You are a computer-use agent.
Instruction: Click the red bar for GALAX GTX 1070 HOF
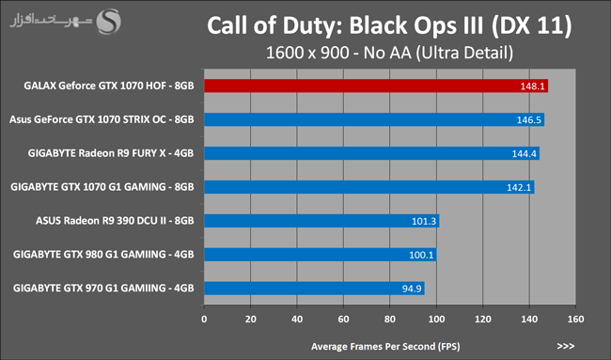(x=376, y=86)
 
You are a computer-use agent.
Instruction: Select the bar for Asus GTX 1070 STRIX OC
(x=374, y=119)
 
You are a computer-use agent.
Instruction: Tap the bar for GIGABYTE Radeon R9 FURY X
(x=371, y=153)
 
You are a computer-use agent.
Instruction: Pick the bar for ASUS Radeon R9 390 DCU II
(x=321, y=221)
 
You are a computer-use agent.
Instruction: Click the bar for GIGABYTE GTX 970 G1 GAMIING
(x=315, y=289)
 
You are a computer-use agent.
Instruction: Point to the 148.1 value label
(x=532, y=86)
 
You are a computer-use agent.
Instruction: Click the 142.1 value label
(x=519, y=187)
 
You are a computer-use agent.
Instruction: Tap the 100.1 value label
(x=421, y=255)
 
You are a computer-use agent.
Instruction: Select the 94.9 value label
(x=412, y=289)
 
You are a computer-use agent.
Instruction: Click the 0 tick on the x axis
(x=204, y=319)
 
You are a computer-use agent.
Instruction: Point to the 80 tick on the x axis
(x=390, y=319)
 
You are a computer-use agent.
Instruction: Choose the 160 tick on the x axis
(x=575, y=319)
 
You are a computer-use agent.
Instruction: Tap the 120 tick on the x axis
(x=483, y=319)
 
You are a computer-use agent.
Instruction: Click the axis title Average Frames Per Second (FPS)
(x=385, y=346)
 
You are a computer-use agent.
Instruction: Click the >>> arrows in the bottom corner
(x=565, y=346)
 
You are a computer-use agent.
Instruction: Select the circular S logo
(x=109, y=22)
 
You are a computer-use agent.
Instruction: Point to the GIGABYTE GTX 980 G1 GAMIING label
(x=103, y=255)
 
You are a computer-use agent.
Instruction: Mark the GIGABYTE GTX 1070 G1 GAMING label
(x=102, y=187)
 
